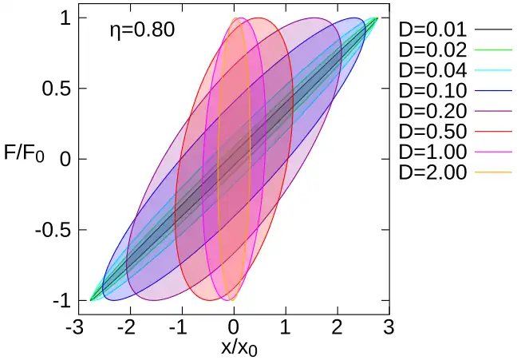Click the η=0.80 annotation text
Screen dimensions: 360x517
[141, 31]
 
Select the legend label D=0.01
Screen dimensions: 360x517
[432, 30]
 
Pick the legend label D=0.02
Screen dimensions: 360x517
[432, 50]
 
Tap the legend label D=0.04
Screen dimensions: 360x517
[432, 70]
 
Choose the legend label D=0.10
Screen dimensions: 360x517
[432, 90]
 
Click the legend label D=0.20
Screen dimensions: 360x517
[432, 110]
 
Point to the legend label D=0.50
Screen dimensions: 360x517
[432, 130]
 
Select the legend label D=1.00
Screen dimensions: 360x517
[432, 150]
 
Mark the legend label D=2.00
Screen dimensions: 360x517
[432, 171]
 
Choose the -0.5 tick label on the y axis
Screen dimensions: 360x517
[53, 230]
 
